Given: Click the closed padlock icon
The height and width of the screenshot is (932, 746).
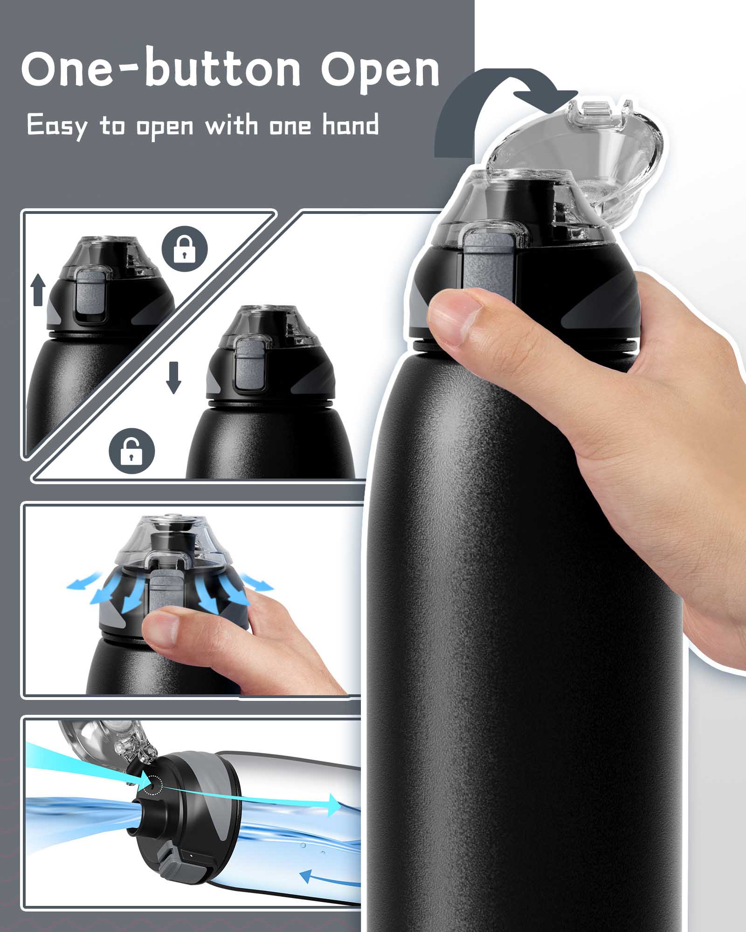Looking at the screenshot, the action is (184, 249).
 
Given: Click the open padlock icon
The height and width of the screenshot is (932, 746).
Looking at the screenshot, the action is (131, 451).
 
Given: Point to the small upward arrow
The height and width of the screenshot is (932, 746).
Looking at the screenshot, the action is (39, 289).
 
